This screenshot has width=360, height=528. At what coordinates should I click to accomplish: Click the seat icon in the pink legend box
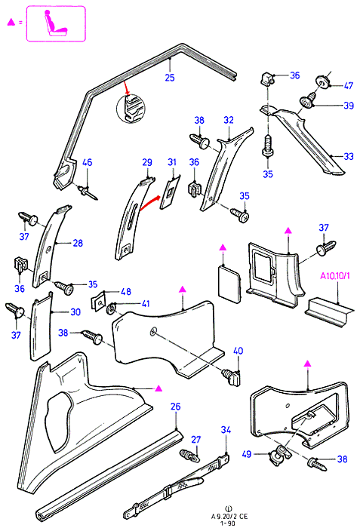[x=55, y=23]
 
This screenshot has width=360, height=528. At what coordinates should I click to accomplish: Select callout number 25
[x=170, y=78]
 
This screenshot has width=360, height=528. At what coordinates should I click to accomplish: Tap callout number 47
[x=348, y=85]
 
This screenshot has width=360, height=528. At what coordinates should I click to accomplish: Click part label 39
[x=349, y=106]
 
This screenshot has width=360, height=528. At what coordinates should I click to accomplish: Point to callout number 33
[x=349, y=156]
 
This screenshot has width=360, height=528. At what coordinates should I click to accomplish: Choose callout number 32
[x=229, y=120]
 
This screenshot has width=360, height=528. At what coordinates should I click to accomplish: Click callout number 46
[x=88, y=162]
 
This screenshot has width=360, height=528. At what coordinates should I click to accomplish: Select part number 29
[x=147, y=163]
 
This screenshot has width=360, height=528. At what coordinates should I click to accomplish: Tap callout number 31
[x=172, y=162]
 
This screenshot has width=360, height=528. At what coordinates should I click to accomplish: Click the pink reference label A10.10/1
[x=335, y=276]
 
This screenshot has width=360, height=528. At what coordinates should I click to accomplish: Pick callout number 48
[x=126, y=292]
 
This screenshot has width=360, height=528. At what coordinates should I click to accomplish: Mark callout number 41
[x=145, y=304]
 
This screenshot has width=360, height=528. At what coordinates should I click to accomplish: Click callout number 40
[x=238, y=351]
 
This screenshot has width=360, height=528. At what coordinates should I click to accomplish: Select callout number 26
[x=175, y=407]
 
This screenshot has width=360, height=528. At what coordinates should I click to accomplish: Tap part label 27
[x=195, y=440]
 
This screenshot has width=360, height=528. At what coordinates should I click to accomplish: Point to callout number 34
[x=226, y=430]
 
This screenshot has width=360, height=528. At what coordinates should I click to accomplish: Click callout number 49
[x=247, y=454]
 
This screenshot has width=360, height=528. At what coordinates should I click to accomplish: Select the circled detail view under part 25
[x=131, y=109]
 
